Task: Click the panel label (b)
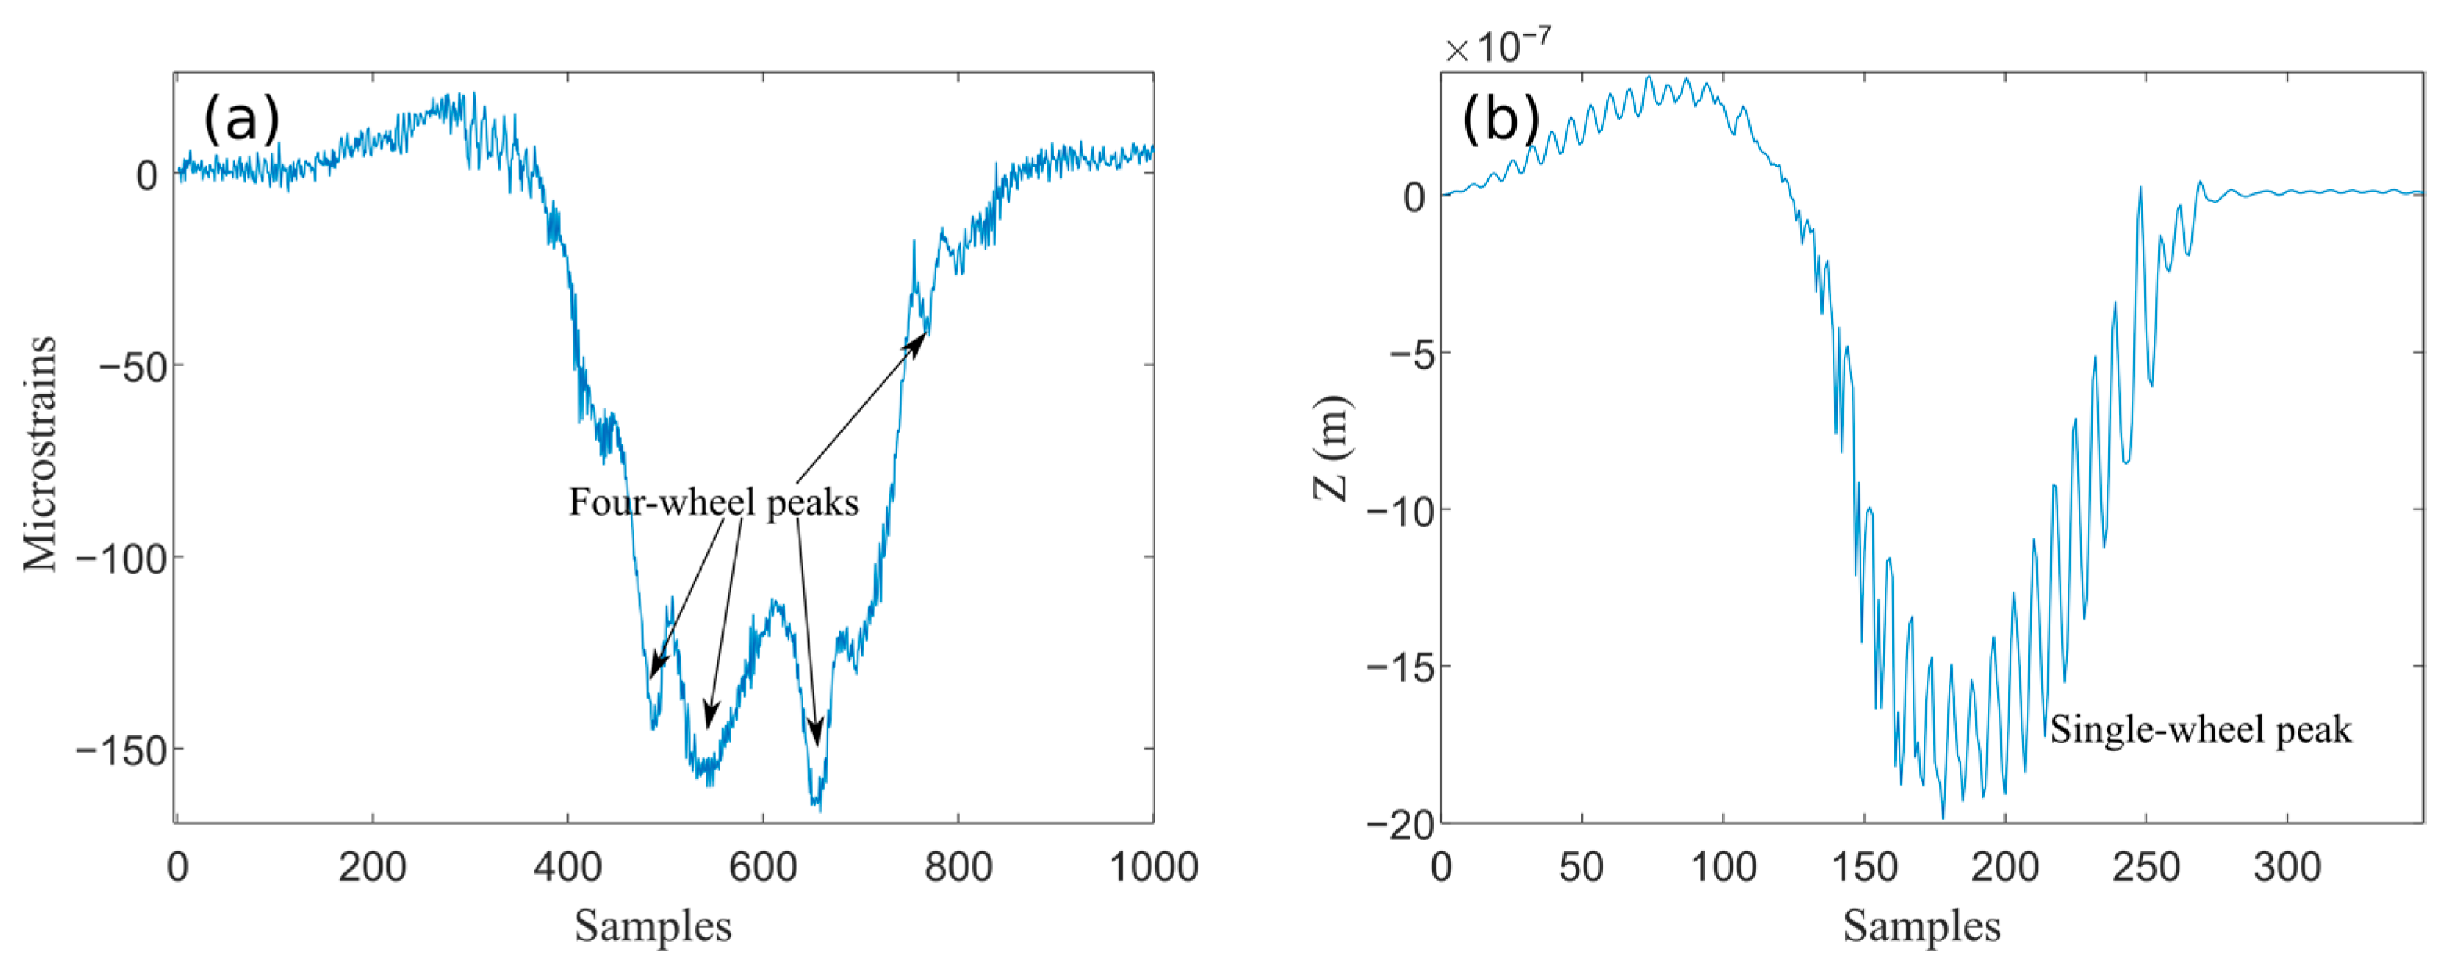[x=1501, y=120]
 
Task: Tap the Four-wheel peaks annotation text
[x=713, y=502]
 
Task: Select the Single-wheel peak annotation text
[x=2200, y=730]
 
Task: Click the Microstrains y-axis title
[x=41, y=454]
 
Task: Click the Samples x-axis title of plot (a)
[x=652, y=926]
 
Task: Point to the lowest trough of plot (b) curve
[x=1942, y=817]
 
